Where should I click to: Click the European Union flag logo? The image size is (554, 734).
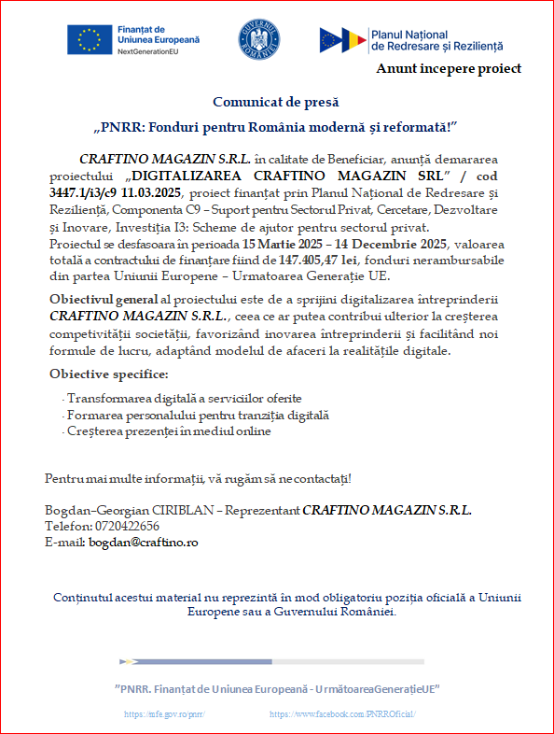pos(90,39)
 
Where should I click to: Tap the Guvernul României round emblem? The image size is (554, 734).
pos(258,38)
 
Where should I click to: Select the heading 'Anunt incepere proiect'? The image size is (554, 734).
pos(449,68)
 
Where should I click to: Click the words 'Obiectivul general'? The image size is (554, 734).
pos(102,299)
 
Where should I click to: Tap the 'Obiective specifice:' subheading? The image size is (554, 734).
pos(109,374)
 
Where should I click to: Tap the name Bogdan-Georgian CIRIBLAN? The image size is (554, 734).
pos(129,510)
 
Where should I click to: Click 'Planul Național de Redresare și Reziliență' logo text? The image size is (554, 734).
pos(436,39)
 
